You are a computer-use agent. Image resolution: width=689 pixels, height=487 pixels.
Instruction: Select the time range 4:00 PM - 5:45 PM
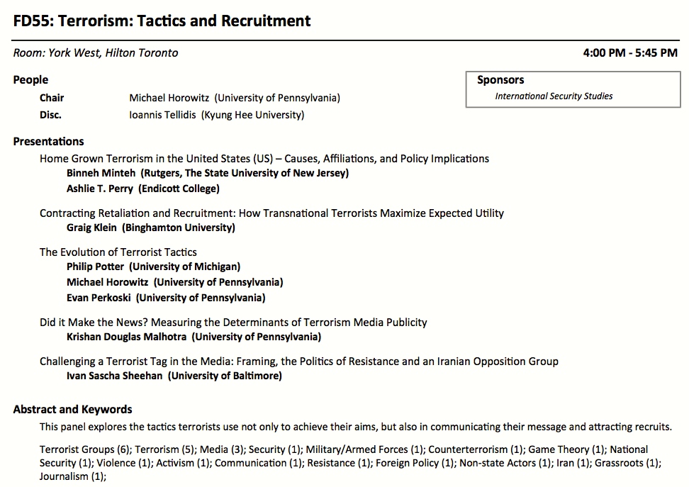point(630,53)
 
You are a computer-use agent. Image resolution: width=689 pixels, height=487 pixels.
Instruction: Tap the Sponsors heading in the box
point(500,80)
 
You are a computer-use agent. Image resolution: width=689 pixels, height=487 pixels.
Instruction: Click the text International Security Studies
point(554,96)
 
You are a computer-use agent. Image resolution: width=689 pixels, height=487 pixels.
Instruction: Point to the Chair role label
point(52,98)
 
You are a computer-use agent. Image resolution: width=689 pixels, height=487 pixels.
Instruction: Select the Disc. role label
point(50,114)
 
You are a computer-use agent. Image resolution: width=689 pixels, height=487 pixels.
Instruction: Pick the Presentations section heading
point(48,141)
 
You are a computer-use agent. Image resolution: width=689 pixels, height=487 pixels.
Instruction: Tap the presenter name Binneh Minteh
point(101,173)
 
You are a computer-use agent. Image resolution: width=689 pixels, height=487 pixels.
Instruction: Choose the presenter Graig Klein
point(91,228)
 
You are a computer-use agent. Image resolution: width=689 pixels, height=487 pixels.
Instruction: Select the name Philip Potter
point(95,267)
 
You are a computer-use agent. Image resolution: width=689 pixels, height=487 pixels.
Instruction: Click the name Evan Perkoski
point(99,298)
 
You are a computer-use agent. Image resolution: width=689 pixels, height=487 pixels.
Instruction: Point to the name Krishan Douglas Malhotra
point(126,337)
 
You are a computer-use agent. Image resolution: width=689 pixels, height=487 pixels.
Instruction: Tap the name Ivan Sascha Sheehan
point(114,376)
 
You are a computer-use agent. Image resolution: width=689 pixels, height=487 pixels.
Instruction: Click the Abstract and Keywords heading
point(72,409)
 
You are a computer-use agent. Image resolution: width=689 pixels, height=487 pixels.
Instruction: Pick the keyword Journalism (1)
point(72,476)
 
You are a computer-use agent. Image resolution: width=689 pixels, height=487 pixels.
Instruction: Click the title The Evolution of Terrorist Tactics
point(118,252)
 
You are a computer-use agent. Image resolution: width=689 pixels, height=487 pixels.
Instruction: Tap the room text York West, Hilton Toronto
point(113,53)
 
